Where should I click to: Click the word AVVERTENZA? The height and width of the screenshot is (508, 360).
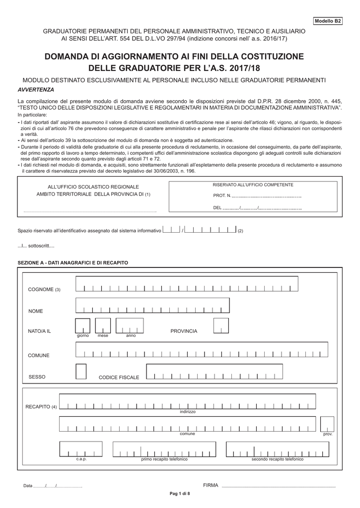coord(36,90)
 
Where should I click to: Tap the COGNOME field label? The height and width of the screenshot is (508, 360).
coord(44,289)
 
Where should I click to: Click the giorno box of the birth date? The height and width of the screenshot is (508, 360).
coord(82,326)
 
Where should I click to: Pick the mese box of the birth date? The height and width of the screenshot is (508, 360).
coord(103,326)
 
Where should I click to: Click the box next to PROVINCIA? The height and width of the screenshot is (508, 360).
coord(221,326)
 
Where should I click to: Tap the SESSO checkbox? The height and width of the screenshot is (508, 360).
coord(81,372)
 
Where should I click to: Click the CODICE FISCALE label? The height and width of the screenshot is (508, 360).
coord(119,378)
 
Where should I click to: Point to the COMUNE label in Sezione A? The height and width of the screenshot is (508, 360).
coord(38,356)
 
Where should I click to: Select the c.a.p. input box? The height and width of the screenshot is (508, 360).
coord(81,449)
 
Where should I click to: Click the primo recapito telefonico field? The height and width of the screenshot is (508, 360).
coord(164,449)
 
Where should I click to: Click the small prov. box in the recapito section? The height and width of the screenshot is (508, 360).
coord(327,424)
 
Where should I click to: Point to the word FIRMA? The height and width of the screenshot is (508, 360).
coord(211,485)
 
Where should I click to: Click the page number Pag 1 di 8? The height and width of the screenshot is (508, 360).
coord(180,494)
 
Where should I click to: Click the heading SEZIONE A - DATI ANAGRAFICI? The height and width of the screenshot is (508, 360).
coord(73,262)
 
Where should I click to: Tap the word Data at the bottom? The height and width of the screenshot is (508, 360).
coord(28,486)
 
